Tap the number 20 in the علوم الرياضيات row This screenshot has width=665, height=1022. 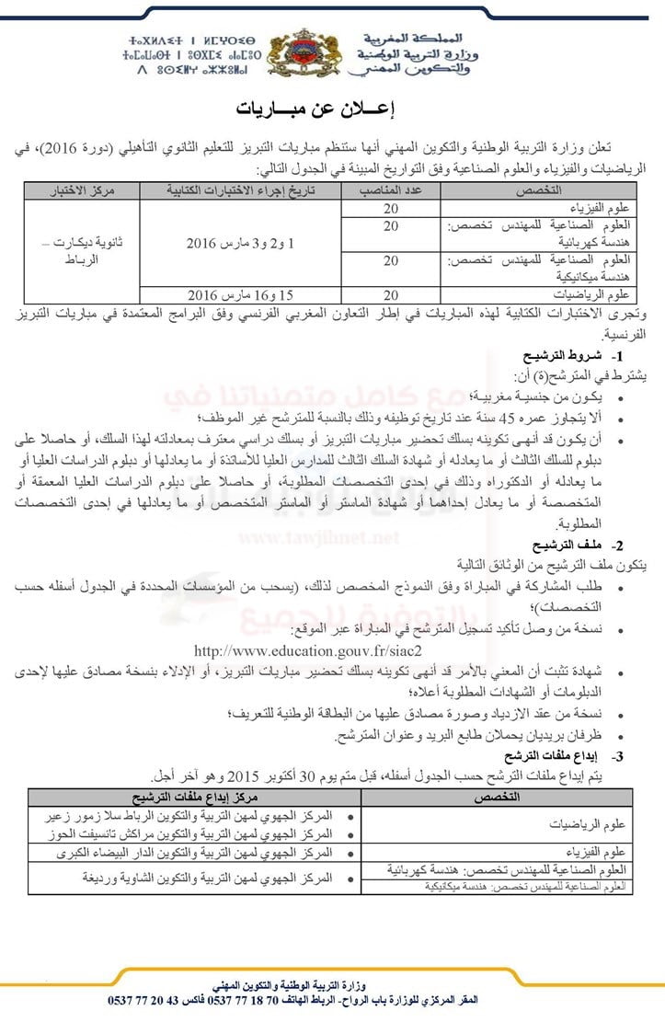pos(390,295)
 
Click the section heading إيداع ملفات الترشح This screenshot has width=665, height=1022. pos(563,755)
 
